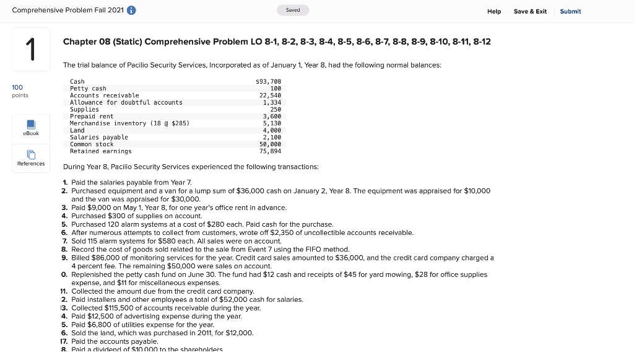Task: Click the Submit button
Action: (x=570, y=11)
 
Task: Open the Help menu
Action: (x=494, y=11)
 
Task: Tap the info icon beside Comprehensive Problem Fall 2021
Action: (x=131, y=11)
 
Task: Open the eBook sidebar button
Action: (x=31, y=127)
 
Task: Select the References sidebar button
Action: (x=31, y=158)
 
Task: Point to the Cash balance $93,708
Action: (x=268, y=81)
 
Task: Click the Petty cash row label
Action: (x=88, y=89)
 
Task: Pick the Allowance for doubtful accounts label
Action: (x=126, y=102)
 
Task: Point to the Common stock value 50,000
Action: (x=270, y=144)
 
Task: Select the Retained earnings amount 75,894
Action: (x=270, y=151)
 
